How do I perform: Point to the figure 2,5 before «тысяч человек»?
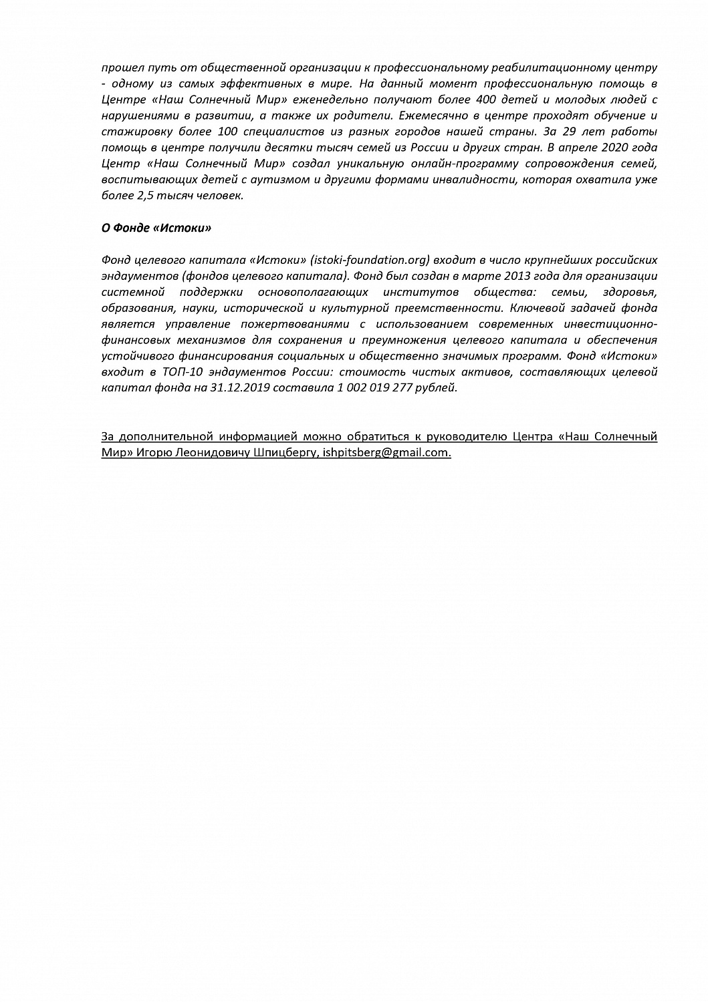144,196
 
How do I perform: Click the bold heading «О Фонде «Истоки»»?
156,228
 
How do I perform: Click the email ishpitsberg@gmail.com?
386,453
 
